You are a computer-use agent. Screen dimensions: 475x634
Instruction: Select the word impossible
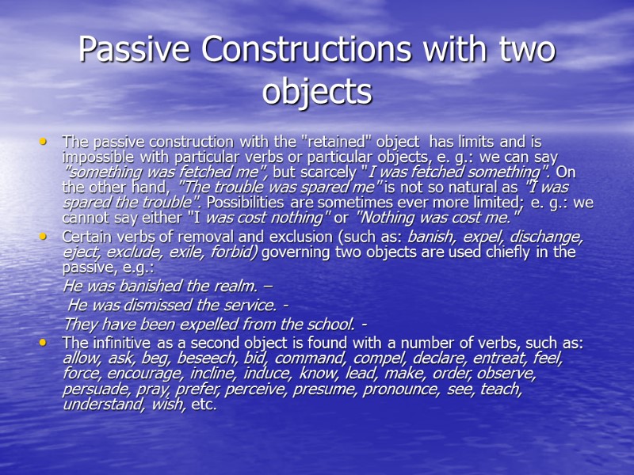(99, 157)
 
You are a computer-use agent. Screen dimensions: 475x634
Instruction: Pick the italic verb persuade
(92, 389)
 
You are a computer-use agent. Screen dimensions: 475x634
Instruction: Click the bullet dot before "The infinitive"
(44, 343)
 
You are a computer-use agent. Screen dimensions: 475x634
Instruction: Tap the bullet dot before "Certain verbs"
(44, 237)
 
